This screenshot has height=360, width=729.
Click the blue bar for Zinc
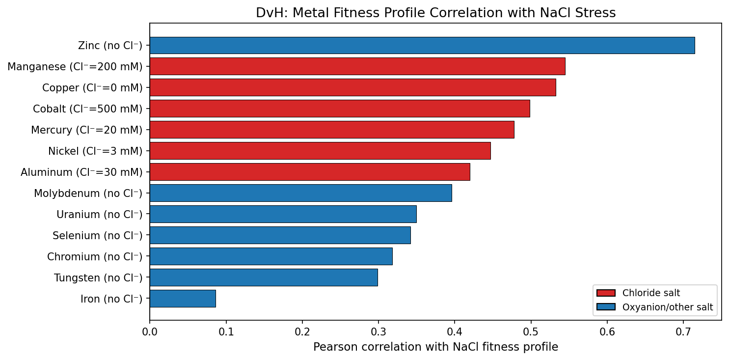(x=422, y=45)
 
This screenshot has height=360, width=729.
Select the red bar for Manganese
(x=357, y=66)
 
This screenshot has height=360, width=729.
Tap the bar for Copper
(x=352, y=87)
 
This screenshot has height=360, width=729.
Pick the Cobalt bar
(x=340, y=109)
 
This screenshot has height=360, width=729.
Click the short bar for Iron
(x=183, y=299)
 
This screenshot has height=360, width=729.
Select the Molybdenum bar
(x=300, y=193)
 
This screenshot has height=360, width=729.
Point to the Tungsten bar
(x=264, y=277)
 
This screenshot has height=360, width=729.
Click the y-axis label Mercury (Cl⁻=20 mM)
(x=86, y=130)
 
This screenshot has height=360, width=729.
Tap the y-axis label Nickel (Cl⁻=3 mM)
(x=95, y=151)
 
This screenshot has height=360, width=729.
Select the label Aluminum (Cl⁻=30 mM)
(x=81, y=172)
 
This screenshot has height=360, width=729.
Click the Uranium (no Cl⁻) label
(x=99, y=215)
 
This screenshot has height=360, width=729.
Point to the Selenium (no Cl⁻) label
(x=97, y=236)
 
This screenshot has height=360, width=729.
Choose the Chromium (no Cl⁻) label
(x=94, y=257)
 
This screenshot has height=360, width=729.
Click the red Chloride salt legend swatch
(x=606, y=293)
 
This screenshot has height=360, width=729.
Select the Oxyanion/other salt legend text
(x=668, y=308)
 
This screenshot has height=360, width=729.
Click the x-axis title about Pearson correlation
(x=435, y=347)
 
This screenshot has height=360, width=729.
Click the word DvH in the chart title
(x=267, y=13)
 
